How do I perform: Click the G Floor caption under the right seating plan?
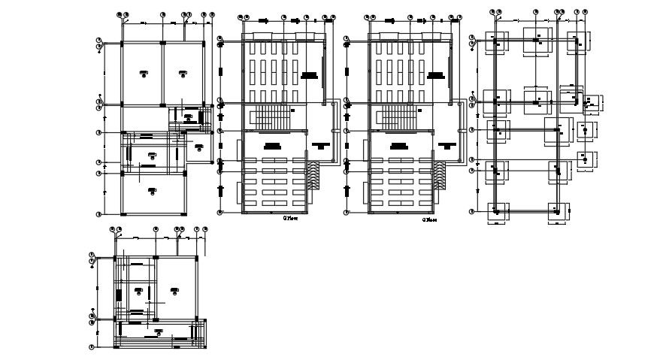(x=429, y=220)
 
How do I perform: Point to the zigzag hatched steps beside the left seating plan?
(x=313, y=178)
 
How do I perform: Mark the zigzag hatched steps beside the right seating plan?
(x=440, y=178)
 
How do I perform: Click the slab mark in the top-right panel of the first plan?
(x=181, y=72)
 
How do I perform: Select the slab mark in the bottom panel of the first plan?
(x=153, y=190)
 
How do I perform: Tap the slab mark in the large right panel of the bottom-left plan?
(x=174, y=289)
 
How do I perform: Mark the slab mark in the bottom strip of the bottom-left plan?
(x=158, y=331)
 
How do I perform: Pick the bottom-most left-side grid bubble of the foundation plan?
(x=472, y=211)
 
